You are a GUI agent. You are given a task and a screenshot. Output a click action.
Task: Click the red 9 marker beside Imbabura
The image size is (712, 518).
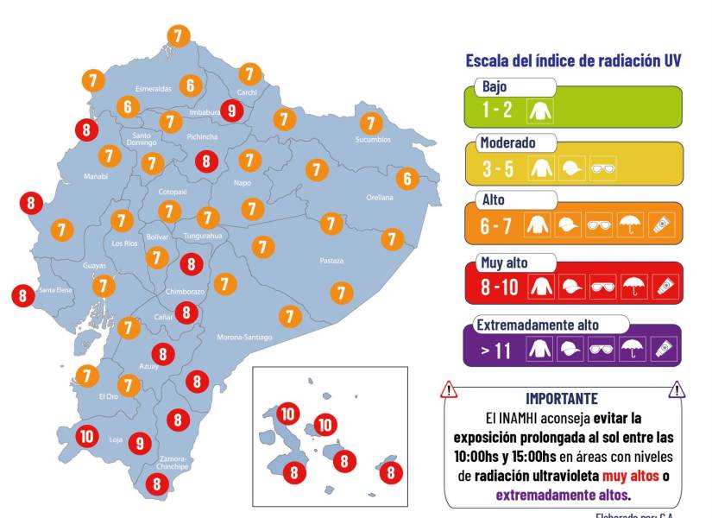[x=230, y=111]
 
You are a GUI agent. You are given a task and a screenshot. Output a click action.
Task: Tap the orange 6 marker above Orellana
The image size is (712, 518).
[x=407, y=180]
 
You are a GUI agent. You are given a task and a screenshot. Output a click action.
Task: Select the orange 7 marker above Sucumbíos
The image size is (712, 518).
[x=371, y=123]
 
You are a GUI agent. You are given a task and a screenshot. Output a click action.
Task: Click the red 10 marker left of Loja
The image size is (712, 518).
[x=86, y=435]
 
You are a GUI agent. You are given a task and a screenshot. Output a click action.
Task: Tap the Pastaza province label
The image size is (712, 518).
[x=331, y=260]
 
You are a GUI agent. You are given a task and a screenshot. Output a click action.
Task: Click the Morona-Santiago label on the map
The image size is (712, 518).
[x=244, y=337]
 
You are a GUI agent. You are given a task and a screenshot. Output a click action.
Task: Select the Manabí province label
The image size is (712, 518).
[x=95, y=176]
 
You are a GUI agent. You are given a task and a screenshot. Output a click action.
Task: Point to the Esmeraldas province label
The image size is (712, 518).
[x=154, y=88]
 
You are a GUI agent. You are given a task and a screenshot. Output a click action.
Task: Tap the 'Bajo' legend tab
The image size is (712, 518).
[x=495, y=86]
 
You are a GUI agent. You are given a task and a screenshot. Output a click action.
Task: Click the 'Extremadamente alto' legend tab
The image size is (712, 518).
[x=539, y=325]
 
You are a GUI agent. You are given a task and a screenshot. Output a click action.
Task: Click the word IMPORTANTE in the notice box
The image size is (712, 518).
[x=561, y=398]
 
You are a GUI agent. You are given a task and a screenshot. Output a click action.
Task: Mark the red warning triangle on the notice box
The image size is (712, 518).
[x=449, y=390]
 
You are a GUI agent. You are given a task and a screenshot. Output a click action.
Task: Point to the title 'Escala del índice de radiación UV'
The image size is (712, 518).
[x=573, y=60]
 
